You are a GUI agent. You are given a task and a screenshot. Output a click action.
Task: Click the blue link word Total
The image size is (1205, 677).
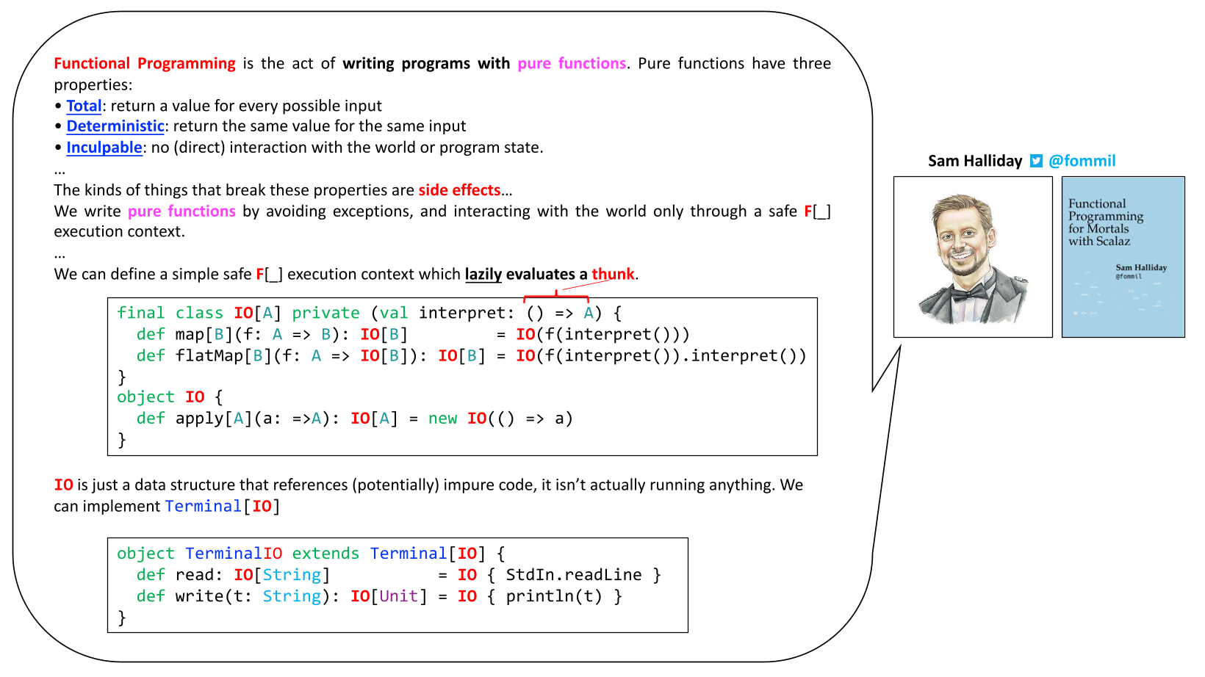click(84, 106)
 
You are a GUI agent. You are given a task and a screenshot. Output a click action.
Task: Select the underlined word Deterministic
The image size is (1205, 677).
click(115, 126)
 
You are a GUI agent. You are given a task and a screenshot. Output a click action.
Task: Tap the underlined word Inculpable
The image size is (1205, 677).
click(104, 148)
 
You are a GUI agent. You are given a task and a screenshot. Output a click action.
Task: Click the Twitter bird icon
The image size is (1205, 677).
click(1035, 161)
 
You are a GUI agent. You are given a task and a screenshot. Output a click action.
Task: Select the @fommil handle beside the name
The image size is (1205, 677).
click(1082, 161)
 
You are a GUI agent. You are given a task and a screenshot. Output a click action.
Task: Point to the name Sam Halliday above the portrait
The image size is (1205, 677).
click(974, 161)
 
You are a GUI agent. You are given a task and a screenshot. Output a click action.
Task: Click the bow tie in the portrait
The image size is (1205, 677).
click(968, 293)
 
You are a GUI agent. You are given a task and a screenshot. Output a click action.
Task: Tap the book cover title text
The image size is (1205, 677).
click(1106, 222)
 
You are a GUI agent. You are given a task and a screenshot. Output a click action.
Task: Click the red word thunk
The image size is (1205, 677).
click(613, 274)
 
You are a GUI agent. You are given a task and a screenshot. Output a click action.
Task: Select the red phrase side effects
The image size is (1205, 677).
click(459, 190)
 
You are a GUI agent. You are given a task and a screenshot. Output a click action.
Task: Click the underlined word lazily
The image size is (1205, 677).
click(483, 274)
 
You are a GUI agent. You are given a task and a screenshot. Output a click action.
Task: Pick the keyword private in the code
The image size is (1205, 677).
click(325, 313)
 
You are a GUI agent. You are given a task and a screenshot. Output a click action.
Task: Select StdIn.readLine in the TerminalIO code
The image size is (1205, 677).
click(573, 575)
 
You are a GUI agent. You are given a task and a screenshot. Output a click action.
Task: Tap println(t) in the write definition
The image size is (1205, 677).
click(553, 596)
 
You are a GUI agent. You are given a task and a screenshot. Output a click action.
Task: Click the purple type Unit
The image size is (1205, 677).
click(398, 596)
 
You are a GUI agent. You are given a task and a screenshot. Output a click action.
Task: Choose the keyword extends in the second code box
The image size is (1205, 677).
click(325, 554)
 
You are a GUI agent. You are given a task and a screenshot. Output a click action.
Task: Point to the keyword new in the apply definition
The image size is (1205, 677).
click(442, 419)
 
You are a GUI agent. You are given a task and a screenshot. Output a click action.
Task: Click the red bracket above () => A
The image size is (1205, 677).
click(555, 297)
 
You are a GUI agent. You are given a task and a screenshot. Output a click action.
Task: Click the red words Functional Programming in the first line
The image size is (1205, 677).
click(145, 63)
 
